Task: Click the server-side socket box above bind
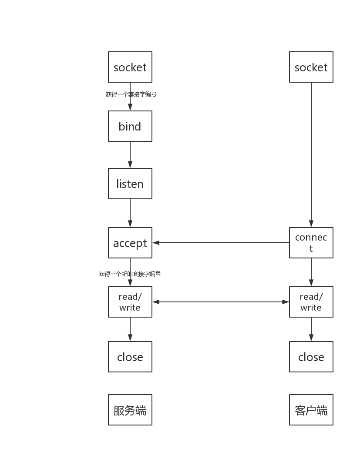click(x=130, y=67)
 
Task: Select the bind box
click(x=130, y=126)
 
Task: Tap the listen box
click(x=130, y=184)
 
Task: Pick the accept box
click(x=130, y=243)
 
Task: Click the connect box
click(x=311, y=243)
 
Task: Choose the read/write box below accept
click(x=130, y=302)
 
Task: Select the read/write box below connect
click(x=311, y=302)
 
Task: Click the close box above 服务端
click(x=130, y=357)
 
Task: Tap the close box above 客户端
click(x=311, y=357)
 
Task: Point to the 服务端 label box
click(x=130, y=410)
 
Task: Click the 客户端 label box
click(x=311, y=410)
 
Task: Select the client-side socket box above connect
click(x=311, y=67)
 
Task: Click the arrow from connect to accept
click(x=221, y=243)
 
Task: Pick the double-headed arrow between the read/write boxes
click(x=221, y=301)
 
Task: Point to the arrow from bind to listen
click(x=130, y=155)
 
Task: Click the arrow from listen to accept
click(x=130, y=213)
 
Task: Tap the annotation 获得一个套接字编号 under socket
click(x=131, y=94)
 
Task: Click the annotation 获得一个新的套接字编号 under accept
click(x=130, y=274)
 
